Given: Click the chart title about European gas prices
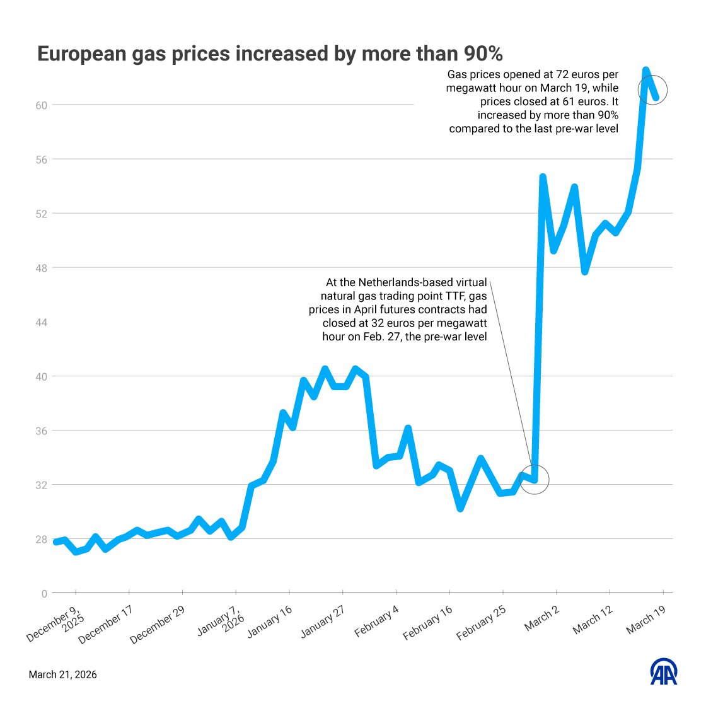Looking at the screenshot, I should [x=270, y=54].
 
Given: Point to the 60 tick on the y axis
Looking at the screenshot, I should [x=41, y=105].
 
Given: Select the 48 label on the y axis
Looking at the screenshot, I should [x=41, y=268].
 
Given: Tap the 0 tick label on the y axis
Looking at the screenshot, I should [x=44, y=594].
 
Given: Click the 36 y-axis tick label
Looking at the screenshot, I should [x=41, y=431].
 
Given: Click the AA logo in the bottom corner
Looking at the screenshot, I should [x=664, y=673].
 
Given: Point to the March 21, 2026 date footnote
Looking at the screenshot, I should [x=63, y=674].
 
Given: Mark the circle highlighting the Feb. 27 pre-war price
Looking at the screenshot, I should [x=535, y=480].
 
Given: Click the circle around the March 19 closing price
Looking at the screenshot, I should [x=652, y=90].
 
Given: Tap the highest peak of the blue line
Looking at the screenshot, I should [x=645, y=71].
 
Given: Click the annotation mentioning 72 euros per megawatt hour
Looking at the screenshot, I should [x=533, y=101].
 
